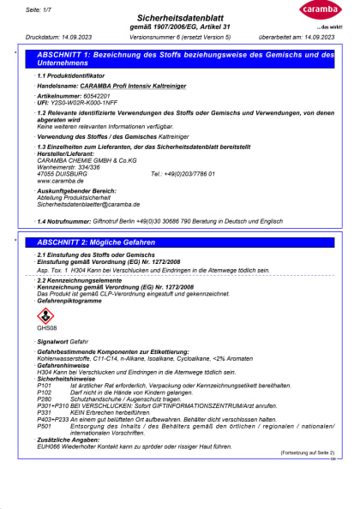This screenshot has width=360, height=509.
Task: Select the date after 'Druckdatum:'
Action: [x=76, y=38]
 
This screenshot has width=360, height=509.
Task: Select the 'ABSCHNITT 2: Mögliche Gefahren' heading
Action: [x=97, y=243]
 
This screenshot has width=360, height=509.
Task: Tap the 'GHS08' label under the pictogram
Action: [x=45, y=328]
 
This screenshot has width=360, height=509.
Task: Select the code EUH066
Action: [x=51, y=446]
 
